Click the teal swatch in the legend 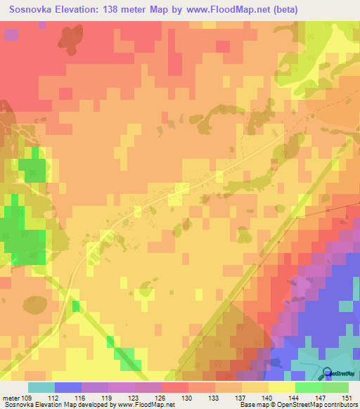[41, 387]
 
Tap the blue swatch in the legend [67, 387]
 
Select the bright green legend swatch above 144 [308, 387]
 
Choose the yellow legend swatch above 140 [281, 387]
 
